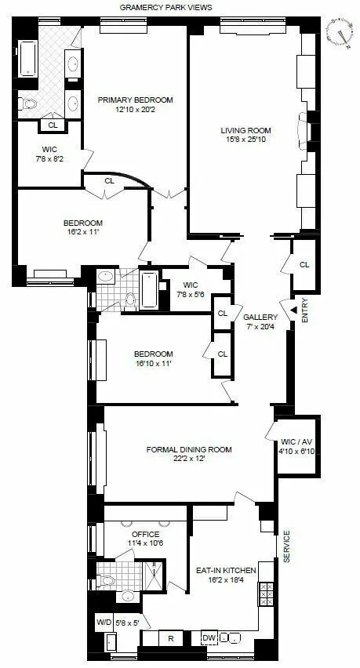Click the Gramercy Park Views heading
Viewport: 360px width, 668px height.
[x=165, y=7]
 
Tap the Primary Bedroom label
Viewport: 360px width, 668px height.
[x=135, y=100]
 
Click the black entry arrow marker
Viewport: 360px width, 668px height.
[x=293, y=310]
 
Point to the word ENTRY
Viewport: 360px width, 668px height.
[x=305, y=310]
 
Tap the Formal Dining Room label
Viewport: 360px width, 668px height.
[x=189, y=449]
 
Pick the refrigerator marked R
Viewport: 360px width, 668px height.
[x=170, y=637]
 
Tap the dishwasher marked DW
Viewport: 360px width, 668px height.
[x=208, y=637]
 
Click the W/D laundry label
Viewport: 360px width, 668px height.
[x=104, y=623]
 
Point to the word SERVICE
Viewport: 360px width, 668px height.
[x=286, y=546]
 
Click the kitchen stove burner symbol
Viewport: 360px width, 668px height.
[x=265, y=600]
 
